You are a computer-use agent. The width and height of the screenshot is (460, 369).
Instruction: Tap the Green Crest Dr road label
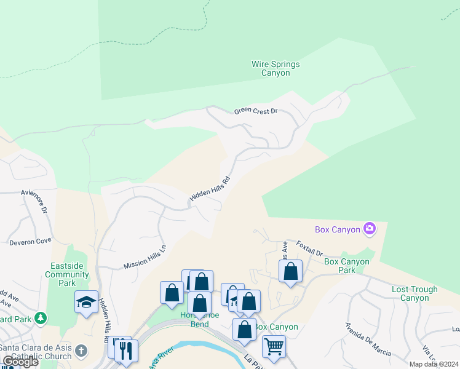[x=256, y=111]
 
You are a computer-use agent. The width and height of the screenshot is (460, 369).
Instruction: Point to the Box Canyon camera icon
[x=370, y=229]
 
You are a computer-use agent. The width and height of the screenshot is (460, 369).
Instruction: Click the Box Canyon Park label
[x=347, y=266]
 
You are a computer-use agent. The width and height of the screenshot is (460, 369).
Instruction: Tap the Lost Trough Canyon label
[x=414, y=293]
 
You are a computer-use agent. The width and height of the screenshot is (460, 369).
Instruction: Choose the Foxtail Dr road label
[x=309, y=248]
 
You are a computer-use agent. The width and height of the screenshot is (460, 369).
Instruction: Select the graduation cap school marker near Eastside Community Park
[x=87, y=301]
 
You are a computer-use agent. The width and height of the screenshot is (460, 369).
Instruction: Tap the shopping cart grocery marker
[x=274, y=345]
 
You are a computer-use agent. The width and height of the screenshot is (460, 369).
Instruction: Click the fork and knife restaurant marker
[x=126, y=351]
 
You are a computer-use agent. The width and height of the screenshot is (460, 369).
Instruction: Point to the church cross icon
[x=81, y=351]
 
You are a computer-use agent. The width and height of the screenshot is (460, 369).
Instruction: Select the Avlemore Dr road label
[x=34, y=200]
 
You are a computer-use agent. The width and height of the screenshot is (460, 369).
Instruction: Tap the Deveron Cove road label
[x=30, y=242]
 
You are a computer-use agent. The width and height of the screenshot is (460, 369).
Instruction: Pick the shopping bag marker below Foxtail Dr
[x=290, y=271]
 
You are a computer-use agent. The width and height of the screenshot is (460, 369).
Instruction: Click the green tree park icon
[x=41, y=318]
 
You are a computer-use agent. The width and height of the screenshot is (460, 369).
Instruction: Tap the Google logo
[x=20, y=362]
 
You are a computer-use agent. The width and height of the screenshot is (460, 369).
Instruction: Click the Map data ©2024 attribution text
[x=434, y=364]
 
